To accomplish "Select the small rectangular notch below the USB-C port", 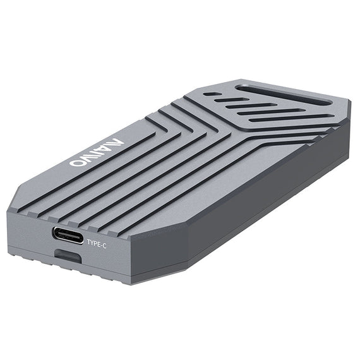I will [x=67, y=256].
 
